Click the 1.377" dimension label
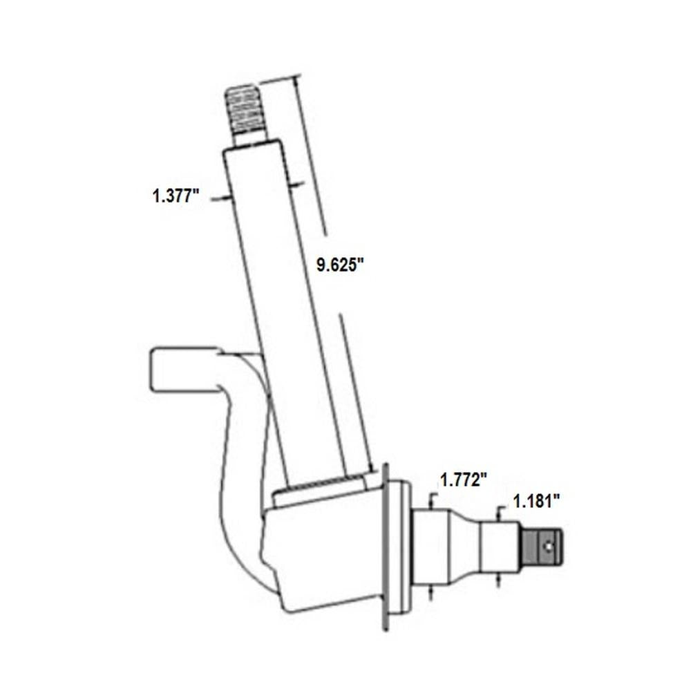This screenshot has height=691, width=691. click(x=176, y=196)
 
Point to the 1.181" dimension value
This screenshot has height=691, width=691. click(x=533, y=501)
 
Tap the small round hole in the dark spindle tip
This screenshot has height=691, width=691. click(x=548, y=545)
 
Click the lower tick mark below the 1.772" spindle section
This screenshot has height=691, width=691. click(x=432, y=591)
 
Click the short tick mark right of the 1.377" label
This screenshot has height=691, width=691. click(x=220, y=199)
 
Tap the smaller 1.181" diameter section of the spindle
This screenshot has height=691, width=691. click(x=500, y=546)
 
